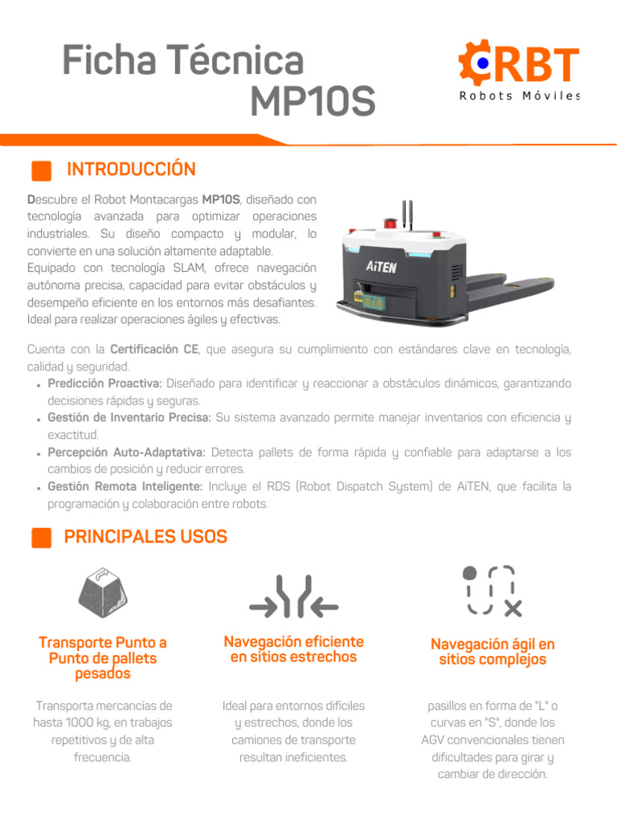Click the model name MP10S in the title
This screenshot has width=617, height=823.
313,101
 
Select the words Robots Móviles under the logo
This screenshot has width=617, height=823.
519,96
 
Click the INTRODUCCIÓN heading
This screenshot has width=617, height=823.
131,170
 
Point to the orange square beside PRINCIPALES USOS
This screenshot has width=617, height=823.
41,538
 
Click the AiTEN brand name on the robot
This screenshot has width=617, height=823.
381,267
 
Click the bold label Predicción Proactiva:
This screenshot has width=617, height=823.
105,384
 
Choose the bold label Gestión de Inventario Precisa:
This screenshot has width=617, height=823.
129,418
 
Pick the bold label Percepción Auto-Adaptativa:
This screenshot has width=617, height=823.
127,452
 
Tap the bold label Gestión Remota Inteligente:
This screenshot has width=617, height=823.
125,486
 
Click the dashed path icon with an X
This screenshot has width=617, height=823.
492,590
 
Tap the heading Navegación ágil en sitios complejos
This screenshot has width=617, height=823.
492,652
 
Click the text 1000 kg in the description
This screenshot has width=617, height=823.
86,723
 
